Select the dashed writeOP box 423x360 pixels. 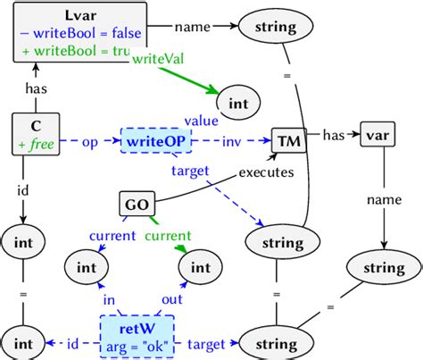point(150,142)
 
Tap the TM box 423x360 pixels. point(288,140)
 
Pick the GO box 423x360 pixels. point(137,205)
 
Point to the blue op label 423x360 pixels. point(90,141)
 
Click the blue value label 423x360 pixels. point(201,121)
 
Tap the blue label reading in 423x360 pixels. point(111,300)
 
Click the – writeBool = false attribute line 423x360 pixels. point(75,33)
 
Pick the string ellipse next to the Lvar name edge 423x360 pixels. point(275,27)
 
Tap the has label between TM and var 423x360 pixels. point(333,134)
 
